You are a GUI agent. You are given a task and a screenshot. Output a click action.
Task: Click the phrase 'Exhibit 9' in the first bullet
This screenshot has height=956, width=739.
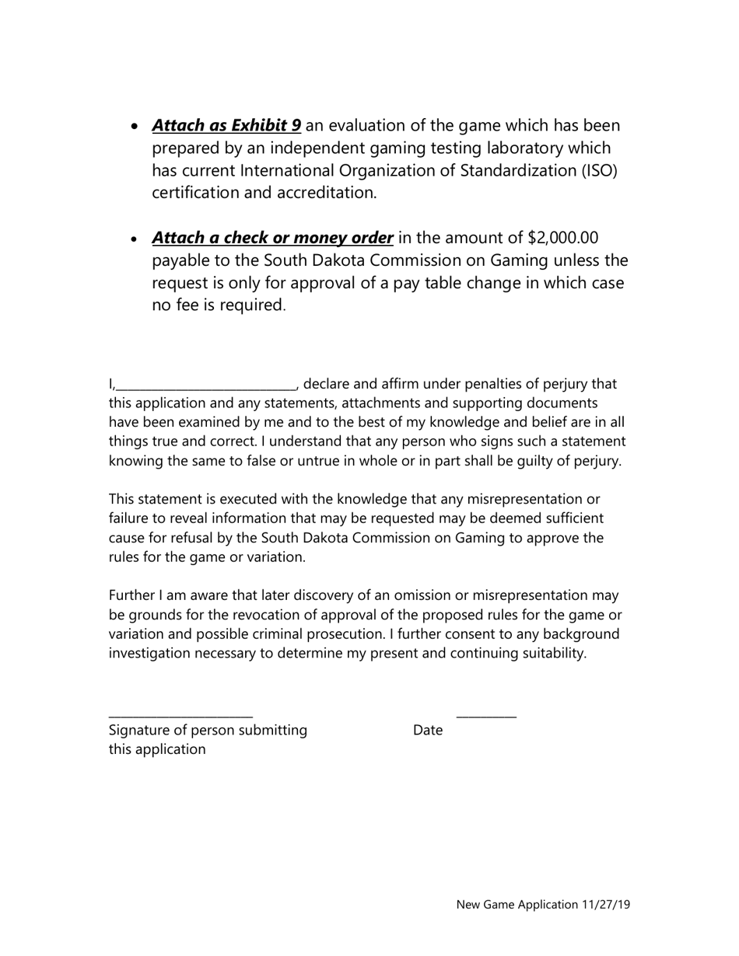266,126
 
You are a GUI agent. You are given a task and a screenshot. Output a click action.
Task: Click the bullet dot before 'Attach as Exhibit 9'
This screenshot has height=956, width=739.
136,127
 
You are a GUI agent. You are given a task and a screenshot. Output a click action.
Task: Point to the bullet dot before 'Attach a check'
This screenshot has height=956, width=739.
136,239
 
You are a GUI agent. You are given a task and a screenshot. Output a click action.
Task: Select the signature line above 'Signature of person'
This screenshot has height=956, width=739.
180,717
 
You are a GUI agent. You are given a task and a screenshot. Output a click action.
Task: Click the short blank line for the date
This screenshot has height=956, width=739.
486,717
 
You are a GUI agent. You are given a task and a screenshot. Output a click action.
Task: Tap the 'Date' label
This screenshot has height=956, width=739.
428,731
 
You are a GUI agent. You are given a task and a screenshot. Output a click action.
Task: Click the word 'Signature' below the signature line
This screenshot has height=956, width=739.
138,731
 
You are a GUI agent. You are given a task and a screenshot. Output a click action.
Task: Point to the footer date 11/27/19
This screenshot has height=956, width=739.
605,905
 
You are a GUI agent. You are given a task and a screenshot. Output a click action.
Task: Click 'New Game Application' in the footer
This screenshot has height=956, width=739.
517,905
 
